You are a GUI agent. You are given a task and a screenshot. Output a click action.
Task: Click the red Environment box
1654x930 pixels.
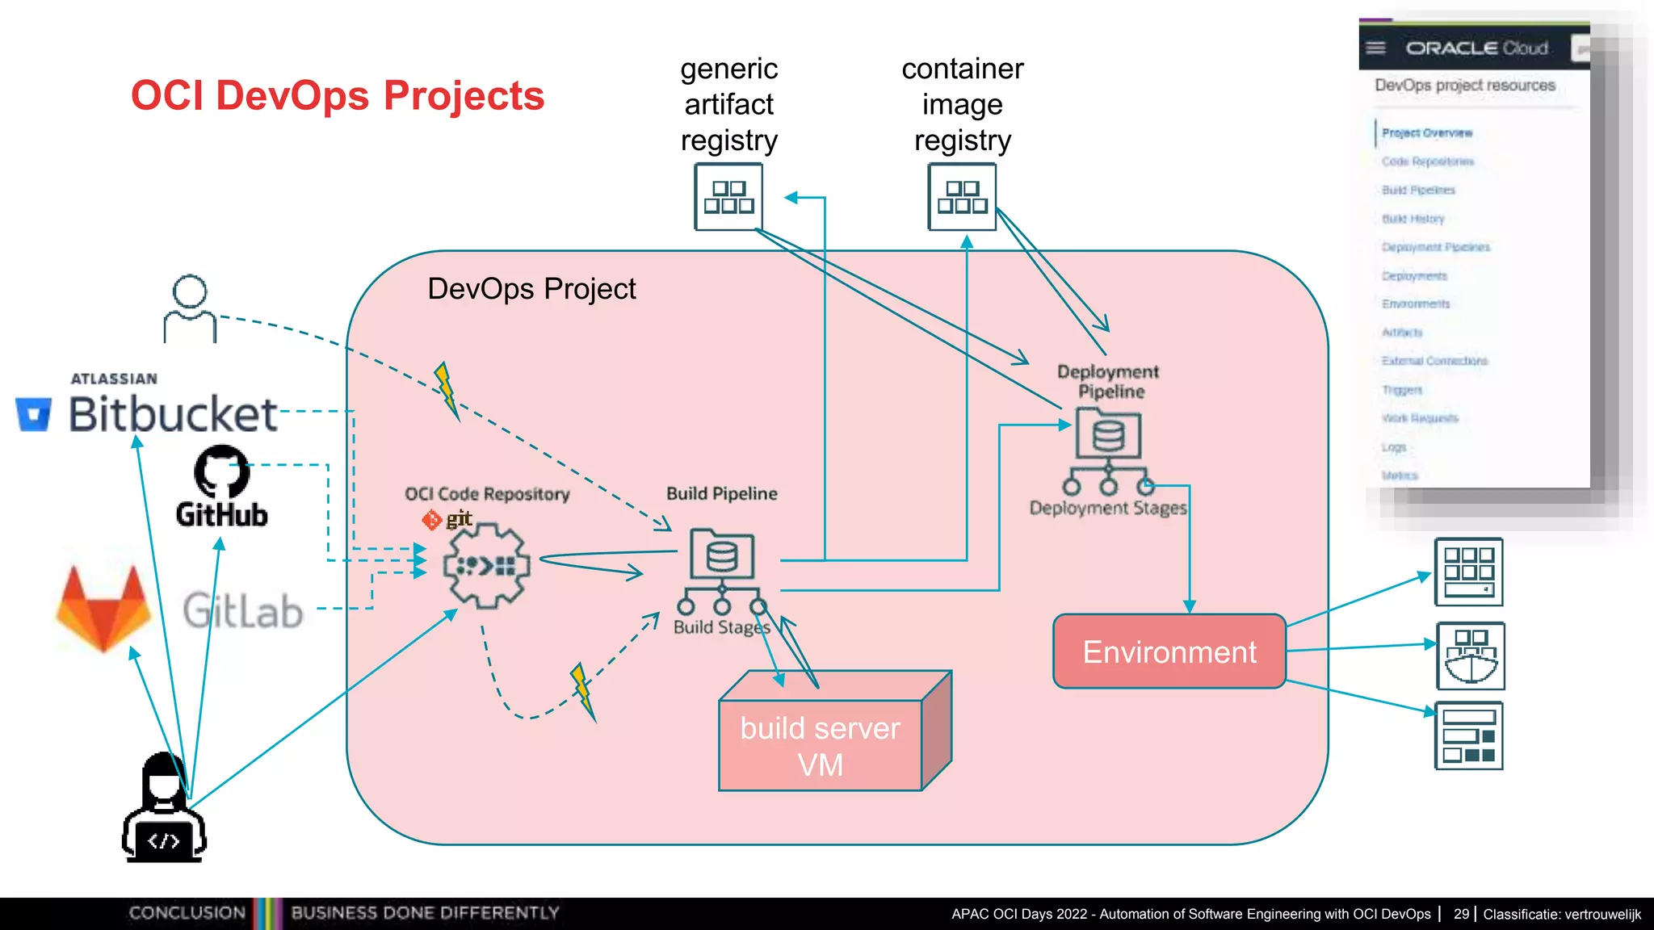point(1169,651)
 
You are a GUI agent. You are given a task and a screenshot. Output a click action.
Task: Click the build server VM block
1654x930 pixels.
point(820,745)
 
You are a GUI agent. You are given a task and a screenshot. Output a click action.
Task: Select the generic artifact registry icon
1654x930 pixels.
point(728,197)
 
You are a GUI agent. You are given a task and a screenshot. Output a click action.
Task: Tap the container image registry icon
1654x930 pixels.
point(962,197)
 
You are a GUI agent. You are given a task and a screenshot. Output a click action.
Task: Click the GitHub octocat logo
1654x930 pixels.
point(221,472)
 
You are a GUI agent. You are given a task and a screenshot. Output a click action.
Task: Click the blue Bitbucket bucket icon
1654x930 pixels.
point(34,414)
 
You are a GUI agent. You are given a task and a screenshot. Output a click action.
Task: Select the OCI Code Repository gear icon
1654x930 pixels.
point(486,565)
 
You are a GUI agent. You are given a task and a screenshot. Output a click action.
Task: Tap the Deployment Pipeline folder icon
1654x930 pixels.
point(1108,434)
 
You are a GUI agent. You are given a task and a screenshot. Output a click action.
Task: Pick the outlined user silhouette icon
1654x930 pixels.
point(190,309)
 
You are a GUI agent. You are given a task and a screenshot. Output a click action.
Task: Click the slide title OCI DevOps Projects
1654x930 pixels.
point(338,95)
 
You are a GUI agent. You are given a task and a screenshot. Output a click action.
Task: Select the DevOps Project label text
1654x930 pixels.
point(531,289)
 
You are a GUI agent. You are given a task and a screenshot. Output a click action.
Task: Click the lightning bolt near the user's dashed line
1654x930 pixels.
point(445,389)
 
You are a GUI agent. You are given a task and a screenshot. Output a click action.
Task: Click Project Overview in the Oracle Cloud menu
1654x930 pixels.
point(1427,133)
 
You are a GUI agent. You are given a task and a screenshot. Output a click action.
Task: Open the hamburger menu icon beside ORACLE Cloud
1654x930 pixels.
point(1376,48)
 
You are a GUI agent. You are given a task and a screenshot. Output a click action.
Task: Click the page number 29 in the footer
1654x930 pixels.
point(1461,914)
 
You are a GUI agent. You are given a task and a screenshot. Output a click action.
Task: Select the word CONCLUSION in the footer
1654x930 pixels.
point(187,913)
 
